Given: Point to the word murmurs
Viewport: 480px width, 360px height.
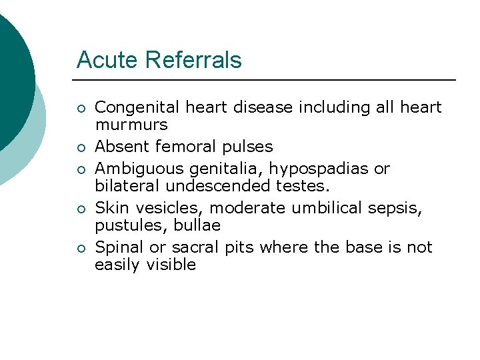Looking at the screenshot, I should click(x=131, y=125).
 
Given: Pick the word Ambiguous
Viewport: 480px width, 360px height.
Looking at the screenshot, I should click(x=137, y=169).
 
